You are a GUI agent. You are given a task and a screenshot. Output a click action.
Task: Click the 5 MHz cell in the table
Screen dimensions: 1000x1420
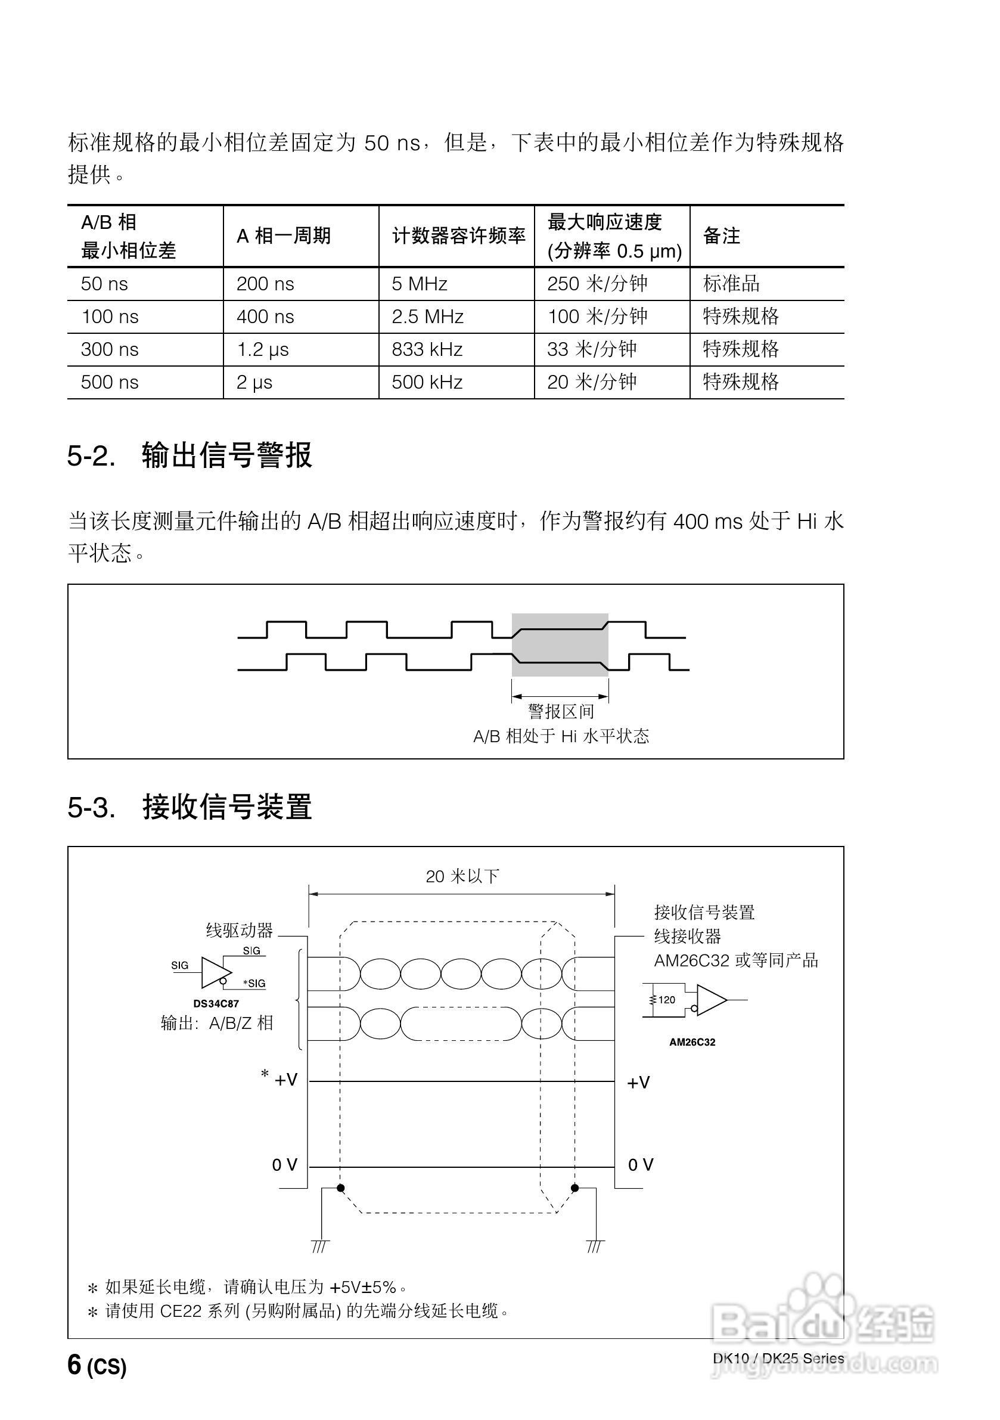click(x=420, y=284)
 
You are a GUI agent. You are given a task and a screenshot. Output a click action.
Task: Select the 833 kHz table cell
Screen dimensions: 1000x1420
click(x=427, y=349)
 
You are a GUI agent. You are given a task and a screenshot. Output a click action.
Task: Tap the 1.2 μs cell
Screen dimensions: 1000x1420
click(x=262, y=349)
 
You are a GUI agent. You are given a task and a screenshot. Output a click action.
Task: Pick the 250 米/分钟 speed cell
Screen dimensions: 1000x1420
click(x=597, y=284)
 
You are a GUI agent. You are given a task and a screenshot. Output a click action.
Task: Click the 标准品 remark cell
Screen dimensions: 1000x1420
click(x=731, y=284)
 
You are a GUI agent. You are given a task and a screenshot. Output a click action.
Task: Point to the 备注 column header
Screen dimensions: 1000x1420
click(x=721, y=235)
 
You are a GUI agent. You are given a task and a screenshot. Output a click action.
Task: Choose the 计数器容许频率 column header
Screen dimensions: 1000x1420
click(x=458, y=235)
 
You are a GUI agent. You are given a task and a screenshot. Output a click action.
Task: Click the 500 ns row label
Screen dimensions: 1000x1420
click(x=110, y=382)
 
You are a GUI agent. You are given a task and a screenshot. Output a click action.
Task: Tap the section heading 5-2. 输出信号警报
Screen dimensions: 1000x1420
click(x=190, y=456)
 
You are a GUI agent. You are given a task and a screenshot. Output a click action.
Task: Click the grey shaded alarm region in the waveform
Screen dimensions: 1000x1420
click(x=560, y=645)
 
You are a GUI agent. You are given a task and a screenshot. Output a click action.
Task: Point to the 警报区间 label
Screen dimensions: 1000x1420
click(x=560, y=711)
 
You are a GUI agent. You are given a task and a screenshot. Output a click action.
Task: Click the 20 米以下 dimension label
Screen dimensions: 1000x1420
click(x=462, y=876)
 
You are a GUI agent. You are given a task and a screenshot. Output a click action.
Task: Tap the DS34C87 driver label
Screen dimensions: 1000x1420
click(x=216, y=1004)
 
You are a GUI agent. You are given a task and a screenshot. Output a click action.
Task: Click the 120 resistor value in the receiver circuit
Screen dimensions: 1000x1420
click(x=666, y=1000)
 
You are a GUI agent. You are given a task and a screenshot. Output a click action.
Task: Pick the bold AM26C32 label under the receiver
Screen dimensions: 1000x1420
click(x=692, y=1042)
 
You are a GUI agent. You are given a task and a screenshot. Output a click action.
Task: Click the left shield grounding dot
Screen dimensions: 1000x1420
click(x=340, y=1188)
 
